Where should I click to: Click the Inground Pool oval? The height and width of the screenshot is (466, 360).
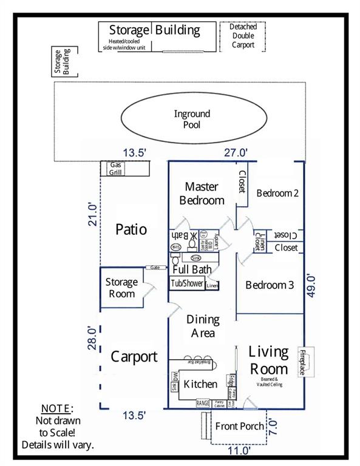[x=191, y=120]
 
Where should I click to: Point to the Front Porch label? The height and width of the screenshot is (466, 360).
[x=240, y=426]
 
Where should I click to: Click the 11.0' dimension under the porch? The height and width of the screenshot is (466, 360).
[x=239, y=451]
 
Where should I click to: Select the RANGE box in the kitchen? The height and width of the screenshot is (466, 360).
[x=203, y=402]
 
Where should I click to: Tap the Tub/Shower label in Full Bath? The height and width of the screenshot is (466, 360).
[x=186, y=283]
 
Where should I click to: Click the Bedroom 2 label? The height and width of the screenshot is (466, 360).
[x=277, y=194]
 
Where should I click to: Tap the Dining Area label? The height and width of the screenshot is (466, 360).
[x=202, y=326]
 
